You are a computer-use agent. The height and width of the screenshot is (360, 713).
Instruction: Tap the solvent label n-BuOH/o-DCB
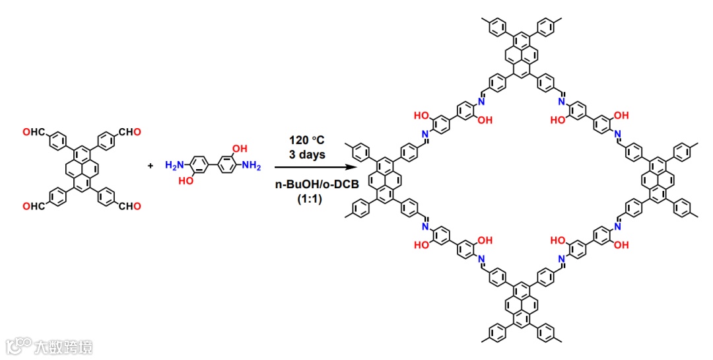(307, 186)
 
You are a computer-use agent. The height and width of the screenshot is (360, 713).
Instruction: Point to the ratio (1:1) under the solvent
(307, 199)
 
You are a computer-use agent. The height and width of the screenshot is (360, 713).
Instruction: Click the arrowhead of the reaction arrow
(349, 170)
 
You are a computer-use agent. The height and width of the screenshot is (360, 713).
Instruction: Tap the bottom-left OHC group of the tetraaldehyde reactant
(33, 207)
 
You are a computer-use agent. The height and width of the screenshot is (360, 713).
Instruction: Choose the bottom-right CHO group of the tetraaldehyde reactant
(129, 207)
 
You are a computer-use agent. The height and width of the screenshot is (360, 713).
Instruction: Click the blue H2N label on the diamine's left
(174, 164)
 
